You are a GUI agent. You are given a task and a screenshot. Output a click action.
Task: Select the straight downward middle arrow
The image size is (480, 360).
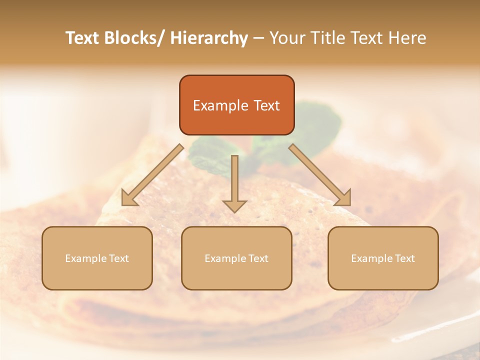click(234, 180)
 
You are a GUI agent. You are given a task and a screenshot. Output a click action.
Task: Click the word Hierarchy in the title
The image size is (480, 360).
click(209, 38)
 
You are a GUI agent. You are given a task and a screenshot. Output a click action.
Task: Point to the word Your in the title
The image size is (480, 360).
click(286, 38)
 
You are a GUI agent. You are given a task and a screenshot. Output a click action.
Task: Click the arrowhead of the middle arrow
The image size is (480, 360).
click(234, 205)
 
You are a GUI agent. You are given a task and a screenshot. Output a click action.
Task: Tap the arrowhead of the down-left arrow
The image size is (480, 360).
click(129, 197)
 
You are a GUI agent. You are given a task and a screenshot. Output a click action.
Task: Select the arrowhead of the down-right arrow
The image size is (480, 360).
click(343, 197)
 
